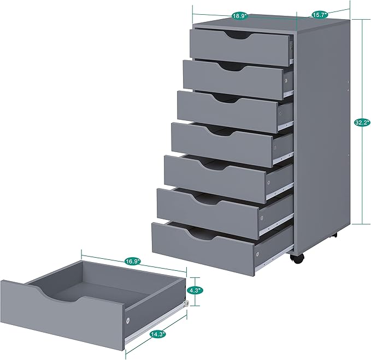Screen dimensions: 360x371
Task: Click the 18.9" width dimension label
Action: (x=238, y=16)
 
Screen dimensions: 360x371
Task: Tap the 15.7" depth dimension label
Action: (x=319, y=14)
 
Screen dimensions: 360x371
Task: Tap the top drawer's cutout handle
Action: (x=238, y=36)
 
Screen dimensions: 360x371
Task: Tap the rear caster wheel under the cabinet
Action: (x=335, y=236)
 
